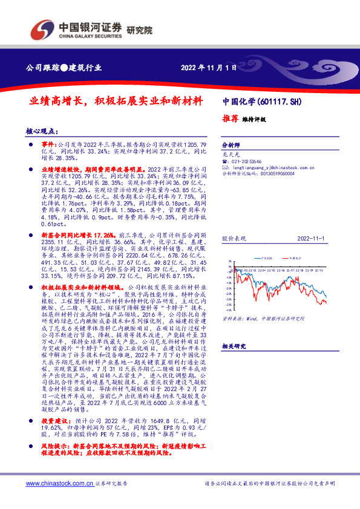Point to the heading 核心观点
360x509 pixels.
tap(42, 131)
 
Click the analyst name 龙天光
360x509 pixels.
tap(231, 155)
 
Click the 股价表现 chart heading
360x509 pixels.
tap(232, 239)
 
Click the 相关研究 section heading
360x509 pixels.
tap(232, 363)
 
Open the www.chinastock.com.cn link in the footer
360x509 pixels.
tap(59, 484)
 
